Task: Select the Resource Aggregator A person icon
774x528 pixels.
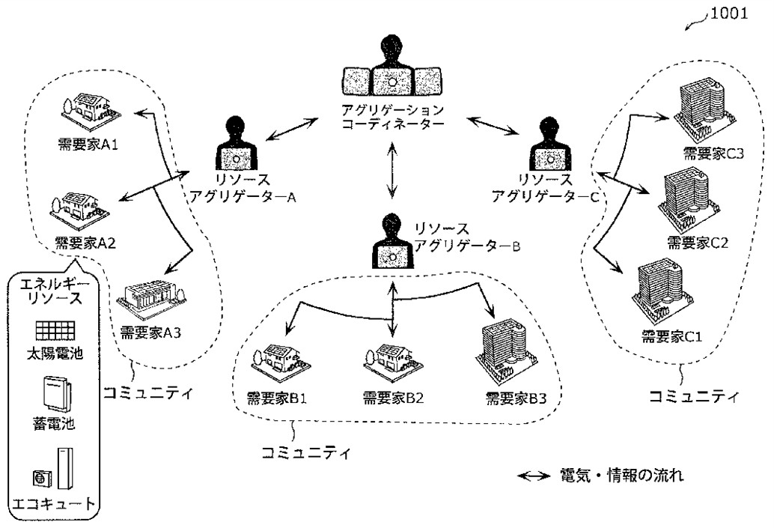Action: click(237, 145)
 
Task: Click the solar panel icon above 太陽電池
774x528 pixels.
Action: click(53, 330)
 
